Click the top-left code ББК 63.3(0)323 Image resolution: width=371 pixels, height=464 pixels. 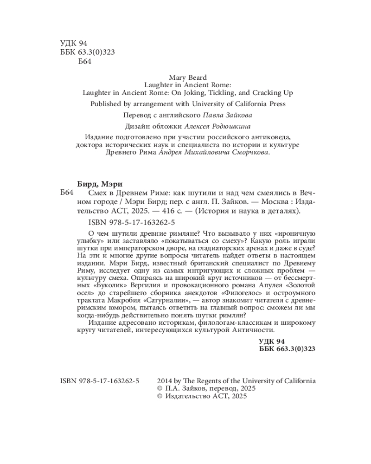click(88, 52)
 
